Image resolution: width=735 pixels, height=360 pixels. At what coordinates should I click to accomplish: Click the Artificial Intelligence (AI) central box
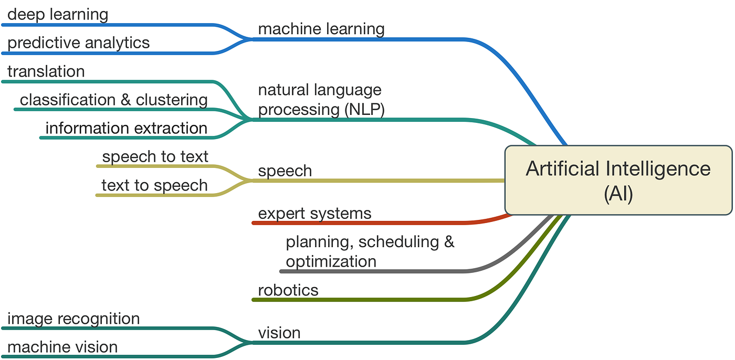click(x=618, y=181)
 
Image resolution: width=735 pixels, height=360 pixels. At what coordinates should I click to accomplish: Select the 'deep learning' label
click(x=58, y=14)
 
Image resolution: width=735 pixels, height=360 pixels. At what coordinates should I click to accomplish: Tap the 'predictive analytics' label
click(x=78, y=43)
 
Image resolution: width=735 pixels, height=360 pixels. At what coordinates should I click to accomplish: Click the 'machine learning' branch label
click(x=321, y=28)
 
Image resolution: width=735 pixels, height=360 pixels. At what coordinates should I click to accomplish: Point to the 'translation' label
click(x=46, y=71)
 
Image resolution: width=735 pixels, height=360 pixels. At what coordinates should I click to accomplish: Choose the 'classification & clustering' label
click(x=113, y=100)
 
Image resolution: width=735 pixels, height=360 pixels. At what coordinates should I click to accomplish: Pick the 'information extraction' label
click(x=126, y=128)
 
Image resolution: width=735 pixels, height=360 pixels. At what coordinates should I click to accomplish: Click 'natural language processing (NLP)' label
click(x=321, y=99)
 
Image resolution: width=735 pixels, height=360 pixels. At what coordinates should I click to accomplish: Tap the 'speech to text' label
click(x=155, y=156)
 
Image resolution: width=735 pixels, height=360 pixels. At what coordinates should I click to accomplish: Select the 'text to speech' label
click(x=154, y=185)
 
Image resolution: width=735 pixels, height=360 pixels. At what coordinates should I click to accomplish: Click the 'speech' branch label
click(x=285, y=171)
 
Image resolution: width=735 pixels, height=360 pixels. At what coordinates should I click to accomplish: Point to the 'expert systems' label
click(x=314, y=213)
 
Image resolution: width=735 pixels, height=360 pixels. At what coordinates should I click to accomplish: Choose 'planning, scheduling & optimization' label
click(x=370, y=251)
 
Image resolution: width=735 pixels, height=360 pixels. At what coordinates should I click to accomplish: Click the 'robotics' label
click(x=288, y=290)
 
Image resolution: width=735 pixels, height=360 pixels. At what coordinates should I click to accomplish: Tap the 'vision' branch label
click(x=279, y=333)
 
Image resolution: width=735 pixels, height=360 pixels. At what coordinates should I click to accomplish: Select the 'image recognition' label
click(x=73, y=319)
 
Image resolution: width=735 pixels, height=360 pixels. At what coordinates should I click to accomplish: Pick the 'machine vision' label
click(x=62, y=347)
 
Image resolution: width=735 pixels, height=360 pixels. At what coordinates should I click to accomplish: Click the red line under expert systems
click(x=367, y=223)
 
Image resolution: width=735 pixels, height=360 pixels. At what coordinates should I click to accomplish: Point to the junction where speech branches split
click(x=248, y=181)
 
